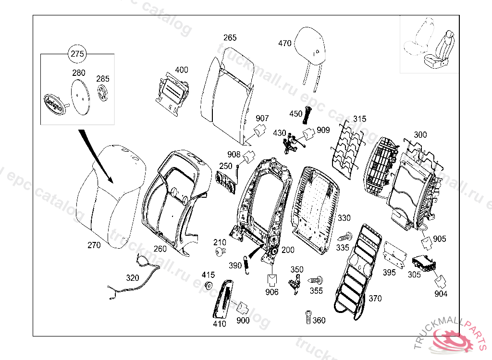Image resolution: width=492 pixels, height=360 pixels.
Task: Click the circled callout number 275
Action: (77, 54)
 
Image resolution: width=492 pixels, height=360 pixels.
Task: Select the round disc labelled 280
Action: (79, 96)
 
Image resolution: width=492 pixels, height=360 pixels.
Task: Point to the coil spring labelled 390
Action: (247, 264)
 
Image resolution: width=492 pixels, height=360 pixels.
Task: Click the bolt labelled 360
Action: (308, 317)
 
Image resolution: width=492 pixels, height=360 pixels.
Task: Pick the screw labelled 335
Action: (344, 237)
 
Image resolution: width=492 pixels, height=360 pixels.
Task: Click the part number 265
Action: (230, 37)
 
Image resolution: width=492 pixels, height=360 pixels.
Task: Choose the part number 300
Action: (420, 135)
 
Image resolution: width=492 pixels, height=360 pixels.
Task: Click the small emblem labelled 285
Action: (103, 93)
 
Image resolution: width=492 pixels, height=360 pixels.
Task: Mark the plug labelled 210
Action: (221, 252)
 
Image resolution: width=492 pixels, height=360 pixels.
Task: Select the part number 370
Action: (375, 299)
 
